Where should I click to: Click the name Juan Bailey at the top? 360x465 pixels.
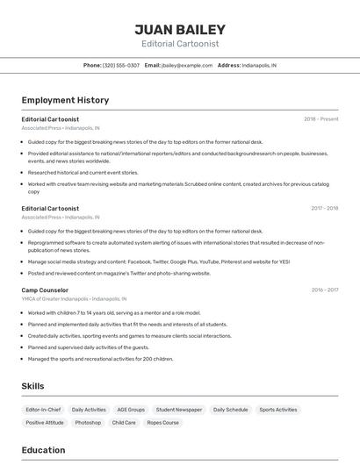click(180, 29)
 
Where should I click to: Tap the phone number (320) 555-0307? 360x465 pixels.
click(121, 65)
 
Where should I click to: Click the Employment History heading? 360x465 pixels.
click(65, 100)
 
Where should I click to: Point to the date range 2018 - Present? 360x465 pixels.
click(320, 119)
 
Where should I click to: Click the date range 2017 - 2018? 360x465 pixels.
click(324, 209)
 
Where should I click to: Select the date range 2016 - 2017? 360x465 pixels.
click(324, 290)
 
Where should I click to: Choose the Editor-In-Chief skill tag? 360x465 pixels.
click(43, 410)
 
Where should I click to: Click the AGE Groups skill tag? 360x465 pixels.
click(131, 410)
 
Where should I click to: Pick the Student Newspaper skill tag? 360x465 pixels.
click(179, 410)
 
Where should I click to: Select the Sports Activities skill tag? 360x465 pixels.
click(278, 410)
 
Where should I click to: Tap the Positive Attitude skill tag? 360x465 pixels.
click(45, 423)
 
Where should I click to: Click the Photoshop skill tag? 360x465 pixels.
click(88, 423)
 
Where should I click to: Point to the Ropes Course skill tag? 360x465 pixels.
click(162, 423)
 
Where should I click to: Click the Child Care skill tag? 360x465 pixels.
click(124, 423)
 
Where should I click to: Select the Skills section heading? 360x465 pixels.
click(33, 386)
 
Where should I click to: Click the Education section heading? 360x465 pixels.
click(43, 450)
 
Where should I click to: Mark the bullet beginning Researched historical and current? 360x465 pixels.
click(83, 173)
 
